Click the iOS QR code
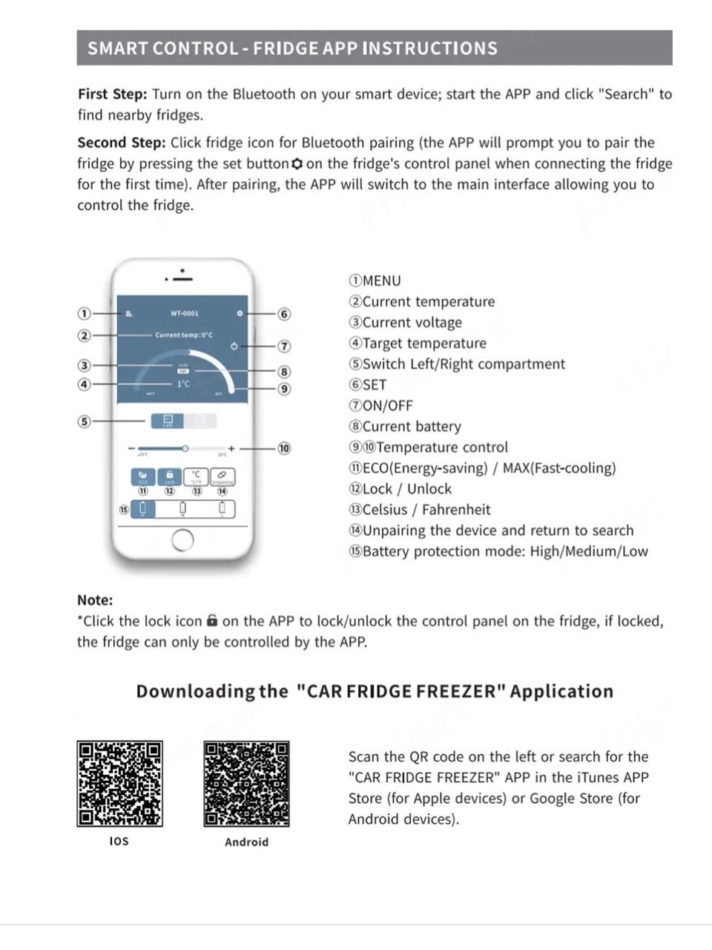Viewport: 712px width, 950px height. click(119, 784)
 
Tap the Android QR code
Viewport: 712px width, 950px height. click(247, 784)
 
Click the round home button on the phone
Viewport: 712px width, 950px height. click(182, 540)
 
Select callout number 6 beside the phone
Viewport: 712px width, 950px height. click(284, 314)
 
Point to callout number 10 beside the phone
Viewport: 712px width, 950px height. click(284, 448)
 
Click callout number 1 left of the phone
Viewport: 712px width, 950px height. click(85, 314)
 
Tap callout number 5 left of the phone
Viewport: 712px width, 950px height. click(85, 422)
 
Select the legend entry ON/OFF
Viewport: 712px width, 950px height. click(380, 405)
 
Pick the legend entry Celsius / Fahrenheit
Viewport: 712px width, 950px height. click(419, 509)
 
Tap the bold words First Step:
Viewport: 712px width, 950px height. click(112, 94)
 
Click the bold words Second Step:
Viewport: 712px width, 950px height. click(122, 142)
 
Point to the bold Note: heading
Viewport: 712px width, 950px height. click(95, 600)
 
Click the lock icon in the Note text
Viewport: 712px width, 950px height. click(212, 620)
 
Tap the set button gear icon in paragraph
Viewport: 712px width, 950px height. click(297, 163)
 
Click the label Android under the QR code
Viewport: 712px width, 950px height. click(247, 842)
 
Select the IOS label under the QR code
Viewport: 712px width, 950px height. click(119, 841)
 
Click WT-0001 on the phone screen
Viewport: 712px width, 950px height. click(185, 313)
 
